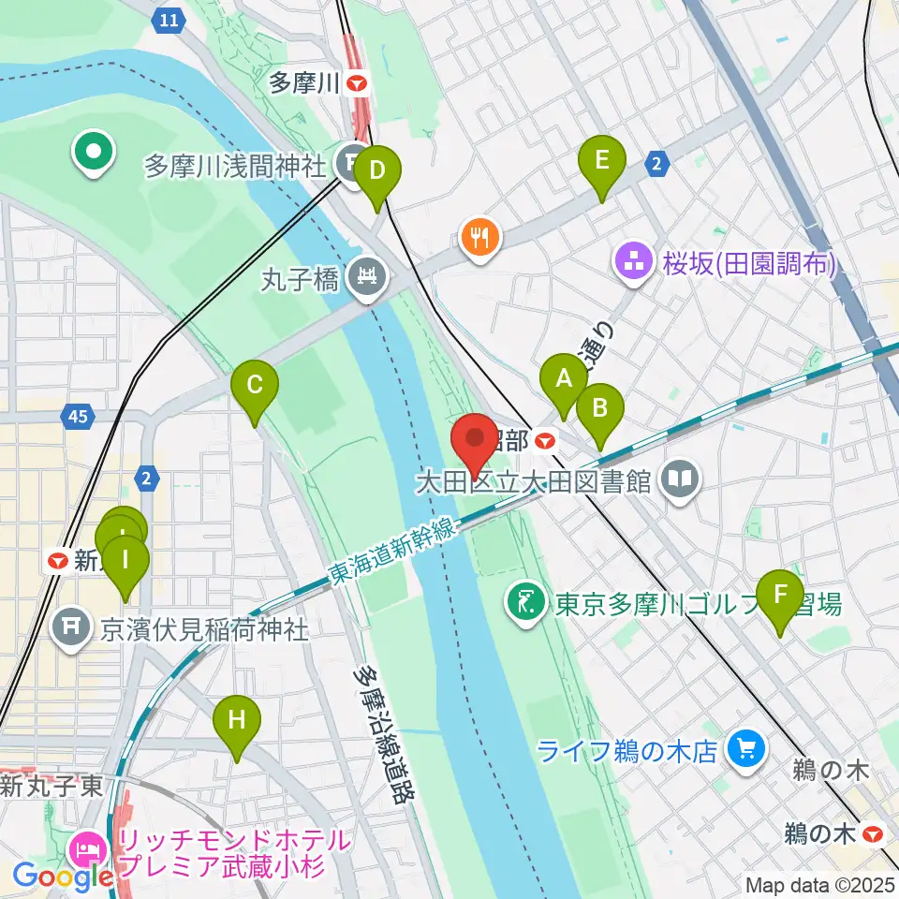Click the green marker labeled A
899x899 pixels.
click(563, 379)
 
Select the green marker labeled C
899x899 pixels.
click(255, 385)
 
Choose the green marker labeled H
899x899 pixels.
click(236, 720)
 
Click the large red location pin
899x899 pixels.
click(474, 438)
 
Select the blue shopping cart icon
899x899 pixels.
click(746, 749)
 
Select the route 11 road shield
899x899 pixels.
click(168, 20)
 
